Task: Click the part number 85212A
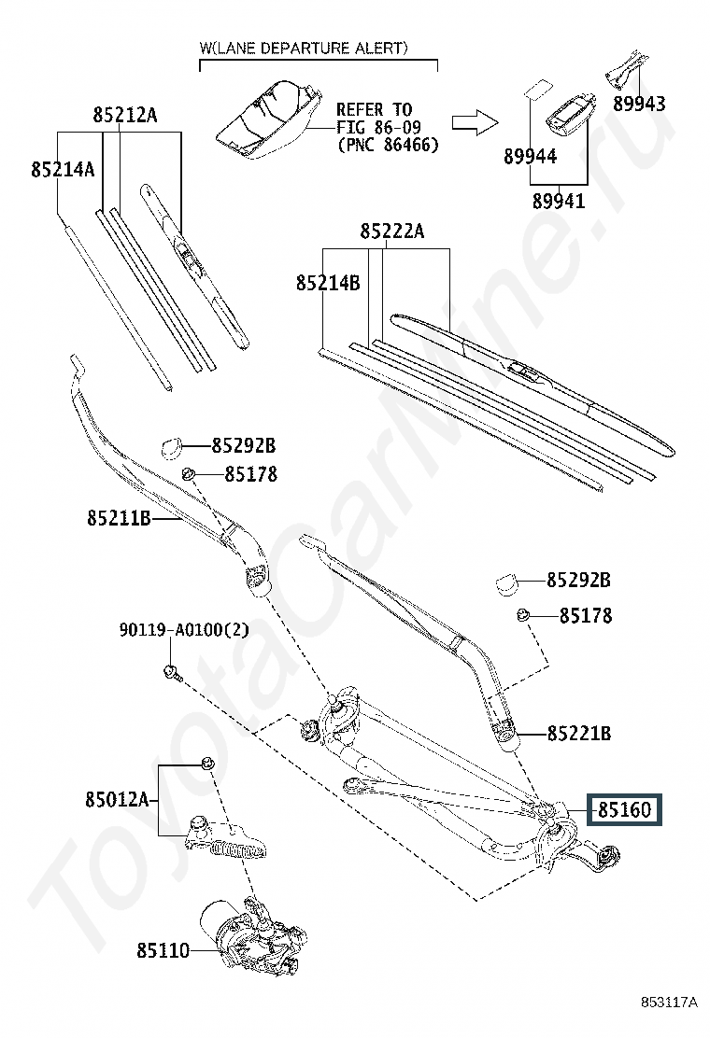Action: click(x=124, y=115)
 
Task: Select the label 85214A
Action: click(x=63, y=170)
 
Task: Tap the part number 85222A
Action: click(x=392, y=231)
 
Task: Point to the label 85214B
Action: click(x=328, y=283)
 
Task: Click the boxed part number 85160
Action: click(x=625, y=809)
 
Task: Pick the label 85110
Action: click(x=163, y=950)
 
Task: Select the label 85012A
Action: click(x=117, y=800)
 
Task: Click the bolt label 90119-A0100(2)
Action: click(x=184, y=629)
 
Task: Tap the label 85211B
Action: click(x=120, y=517)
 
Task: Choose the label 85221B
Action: click(x=579, y=734)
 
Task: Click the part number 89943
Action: click(x=638, y=104)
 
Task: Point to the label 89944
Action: click(x=530, y=156)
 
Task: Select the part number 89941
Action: click(x=559, y=201)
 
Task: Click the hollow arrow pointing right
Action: click(x=475, y=121)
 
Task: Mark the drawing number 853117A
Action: click(x=669, y=1003)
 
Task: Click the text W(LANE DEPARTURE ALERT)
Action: click(x=304, y=48)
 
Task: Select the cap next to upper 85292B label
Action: click(x=172, y=447)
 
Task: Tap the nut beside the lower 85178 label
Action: click(x=523, y=616)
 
